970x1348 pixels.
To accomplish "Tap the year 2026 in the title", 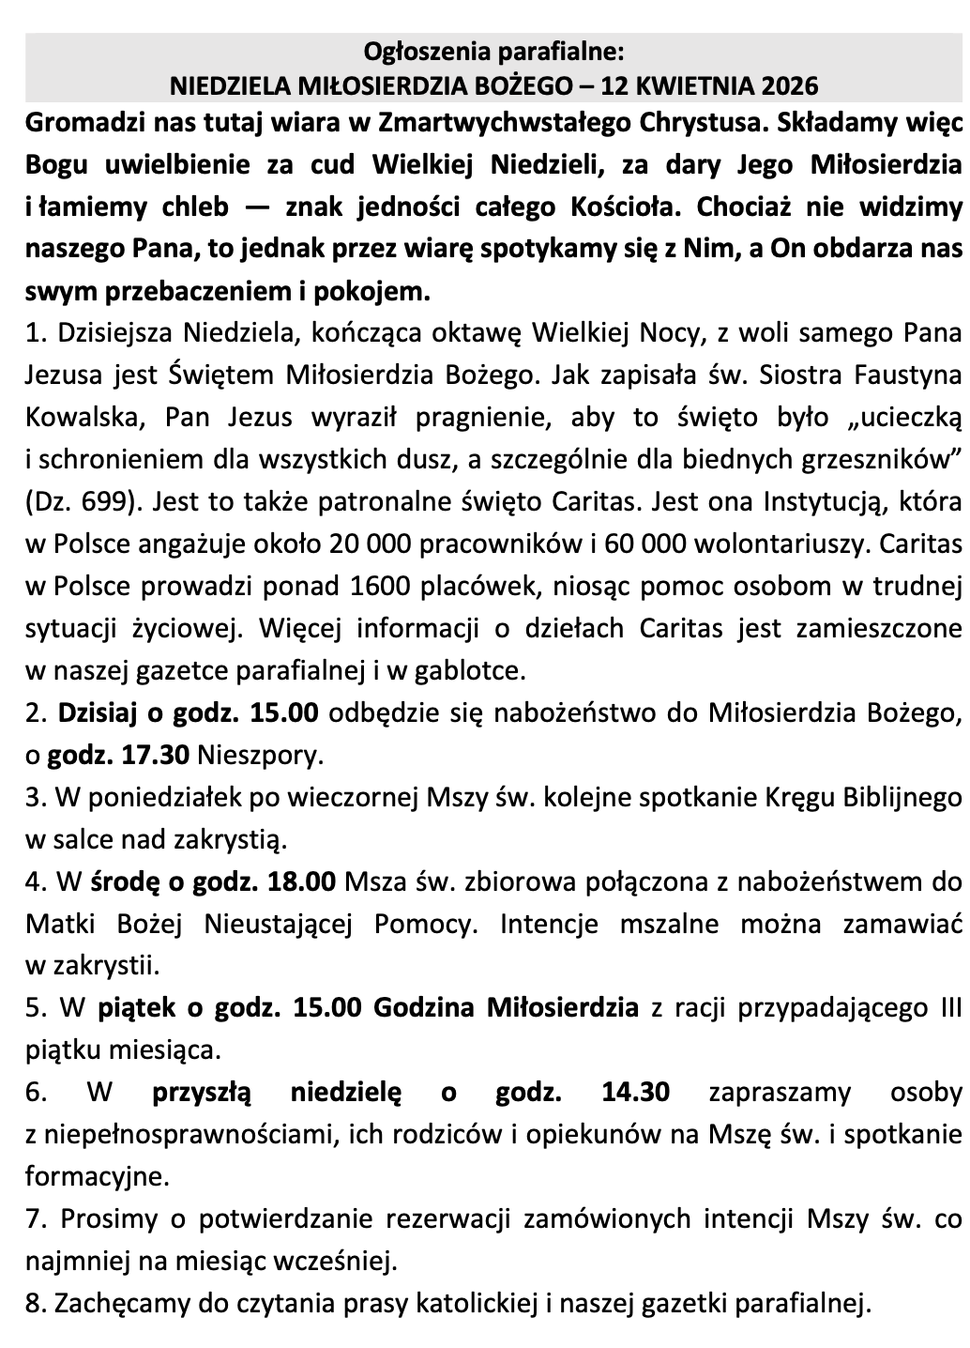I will (785, 85).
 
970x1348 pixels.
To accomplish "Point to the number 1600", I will (378, 586).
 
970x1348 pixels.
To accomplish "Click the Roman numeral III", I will (949, 1008).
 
